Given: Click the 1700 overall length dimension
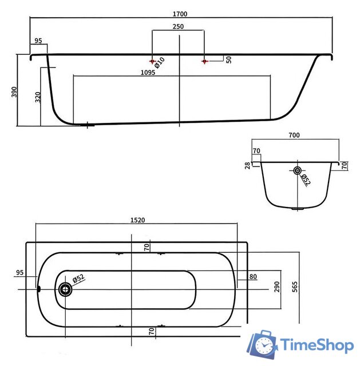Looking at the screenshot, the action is point(180,14).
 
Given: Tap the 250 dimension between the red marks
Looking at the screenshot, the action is point(178,27).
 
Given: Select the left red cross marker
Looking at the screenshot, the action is point(152,61).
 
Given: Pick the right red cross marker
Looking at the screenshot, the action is point(205,61).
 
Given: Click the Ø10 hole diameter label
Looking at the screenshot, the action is point(160,63).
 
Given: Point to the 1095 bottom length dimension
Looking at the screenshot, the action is point(148,73).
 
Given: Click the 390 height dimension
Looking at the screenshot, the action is point(14,91).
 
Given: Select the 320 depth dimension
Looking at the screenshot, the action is point(38,97).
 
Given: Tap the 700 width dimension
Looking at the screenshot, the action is point(294,135).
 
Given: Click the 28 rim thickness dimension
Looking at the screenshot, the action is point(247,165).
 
